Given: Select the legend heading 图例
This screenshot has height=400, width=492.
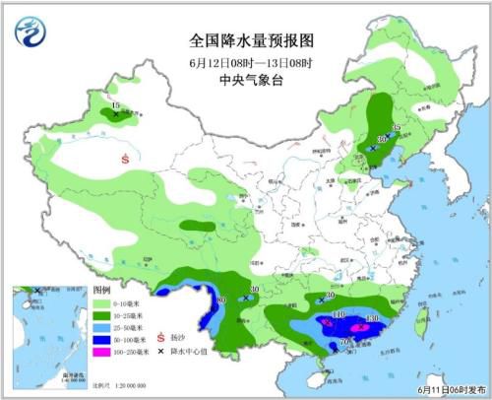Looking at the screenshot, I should click(x=101, y=293).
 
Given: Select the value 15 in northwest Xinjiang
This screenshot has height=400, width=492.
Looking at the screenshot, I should click(x=116, y=104).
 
